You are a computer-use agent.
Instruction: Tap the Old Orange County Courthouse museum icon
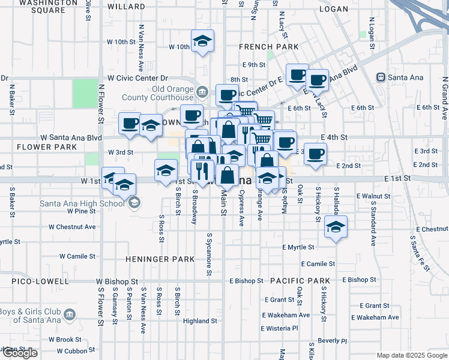click(202, 92)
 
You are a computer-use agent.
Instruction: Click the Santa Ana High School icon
click(133, 203)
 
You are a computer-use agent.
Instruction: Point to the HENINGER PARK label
click(160, 259)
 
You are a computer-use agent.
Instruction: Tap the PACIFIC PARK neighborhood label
click(300, 281)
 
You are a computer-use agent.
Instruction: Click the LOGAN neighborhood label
click(334, 9)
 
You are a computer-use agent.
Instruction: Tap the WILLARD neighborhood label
click(127, 6)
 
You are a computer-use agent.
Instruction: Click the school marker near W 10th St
click(203, 42)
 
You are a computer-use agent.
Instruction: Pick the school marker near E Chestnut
click(336, 228)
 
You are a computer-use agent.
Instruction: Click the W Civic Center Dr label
click(137, 78)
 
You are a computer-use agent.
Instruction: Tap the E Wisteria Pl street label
click(280, 328)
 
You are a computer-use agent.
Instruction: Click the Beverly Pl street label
click(333, 340)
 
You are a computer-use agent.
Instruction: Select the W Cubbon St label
click(68, 351)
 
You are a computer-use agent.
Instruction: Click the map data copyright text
click(411, 355)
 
